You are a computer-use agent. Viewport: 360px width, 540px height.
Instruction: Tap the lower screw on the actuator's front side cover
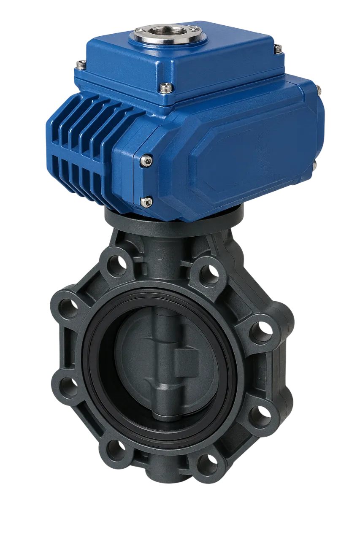146,202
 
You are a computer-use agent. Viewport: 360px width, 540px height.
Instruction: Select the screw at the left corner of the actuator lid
81,64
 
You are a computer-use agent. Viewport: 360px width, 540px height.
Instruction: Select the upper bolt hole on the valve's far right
260,331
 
